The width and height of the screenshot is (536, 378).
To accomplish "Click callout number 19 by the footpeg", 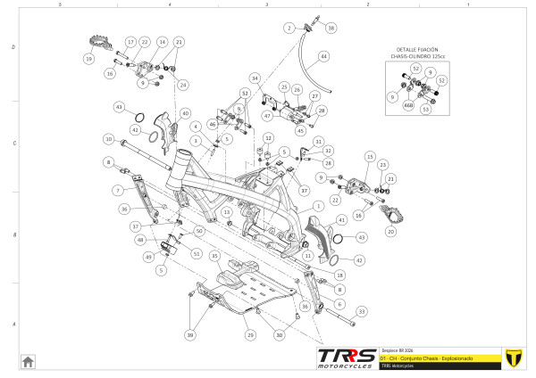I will click(x=88, y=59).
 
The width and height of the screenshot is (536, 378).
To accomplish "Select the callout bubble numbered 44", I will click(x=323, y=56).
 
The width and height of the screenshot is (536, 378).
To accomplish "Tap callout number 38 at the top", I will click(x=331, y=29).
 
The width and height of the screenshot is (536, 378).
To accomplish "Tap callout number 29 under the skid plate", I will click(x=251, y=334).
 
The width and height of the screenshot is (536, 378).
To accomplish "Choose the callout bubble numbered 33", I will click(x=362, y=311).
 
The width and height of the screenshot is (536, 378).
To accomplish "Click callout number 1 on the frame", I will click(x=316, y=206).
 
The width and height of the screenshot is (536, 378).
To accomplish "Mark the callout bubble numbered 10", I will click(x=108, y=139).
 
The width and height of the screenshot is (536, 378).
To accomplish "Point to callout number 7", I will click(x=117, y=191).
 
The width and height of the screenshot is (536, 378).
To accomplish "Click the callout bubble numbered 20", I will click(x=389, y=231).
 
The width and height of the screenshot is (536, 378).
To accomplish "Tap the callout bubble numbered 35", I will click(x=214, y=256).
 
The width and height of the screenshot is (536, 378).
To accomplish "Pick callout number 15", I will click(x=367, y=156).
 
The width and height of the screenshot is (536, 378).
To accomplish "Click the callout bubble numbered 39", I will click(x=189, y=334).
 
